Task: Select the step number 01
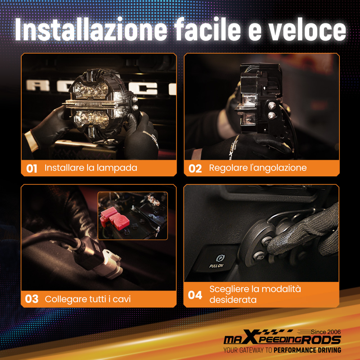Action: [32, 168]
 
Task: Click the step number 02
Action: [195, 168]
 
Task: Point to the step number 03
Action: [32, 299]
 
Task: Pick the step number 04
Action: [195, 295]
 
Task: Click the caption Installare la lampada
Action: [91, 168]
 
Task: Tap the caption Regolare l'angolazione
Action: [258, 168]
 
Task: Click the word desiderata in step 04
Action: [233, 300]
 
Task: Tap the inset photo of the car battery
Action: [132, 215]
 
